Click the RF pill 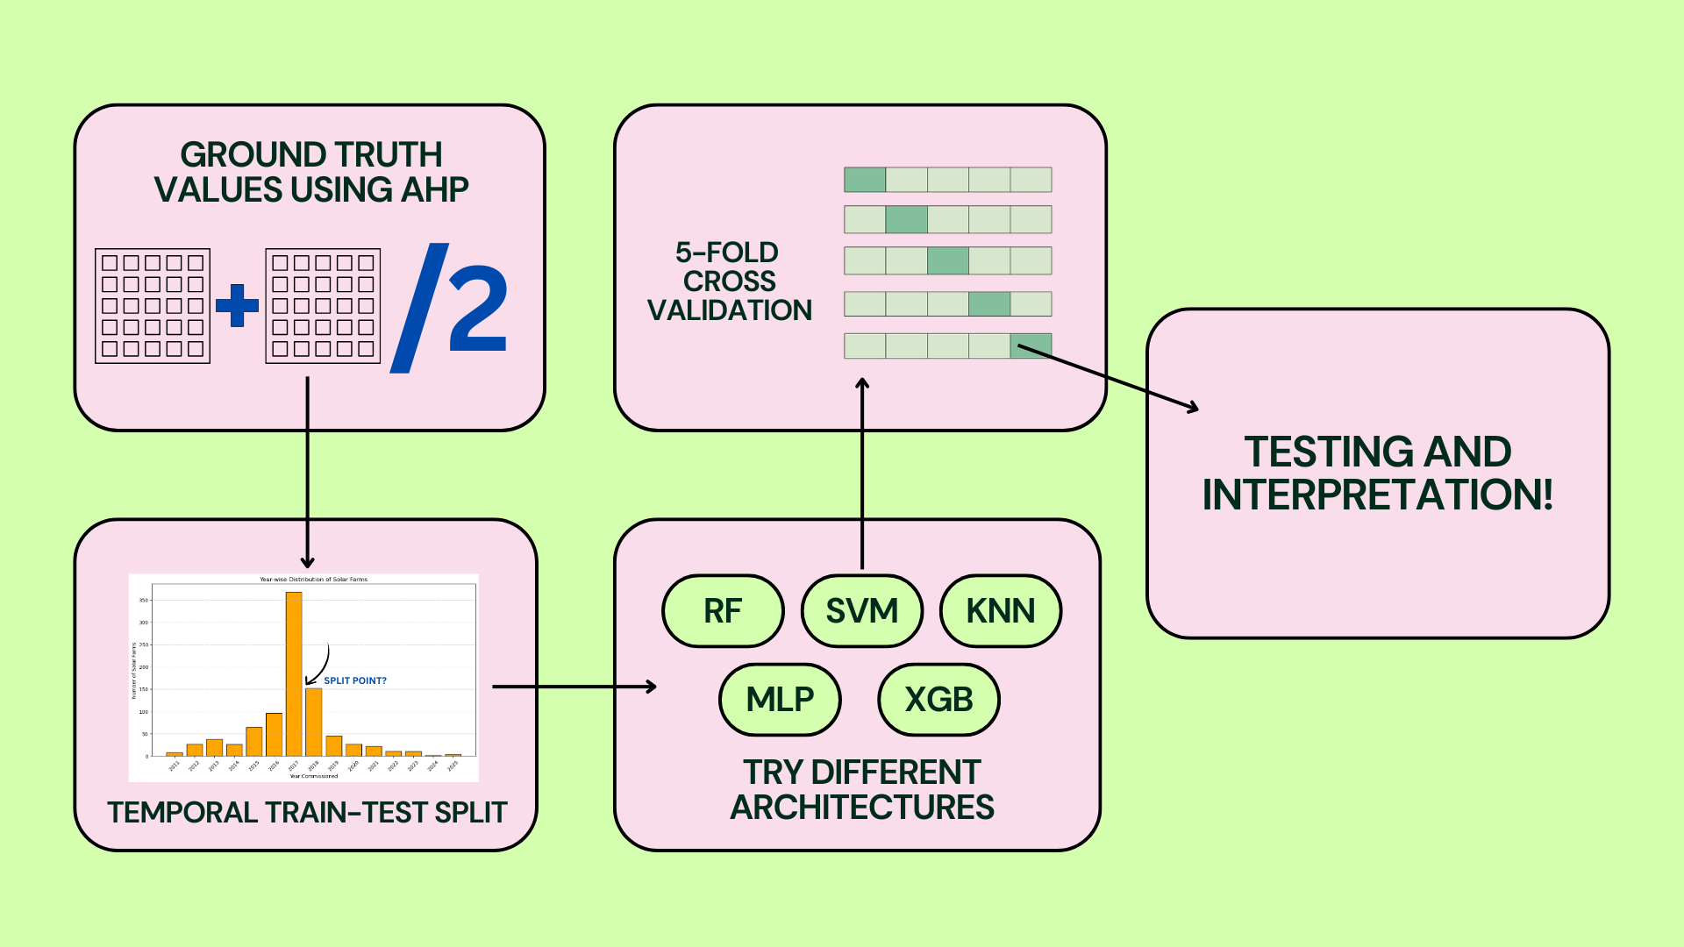(723, 611)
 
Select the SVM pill (861, 611)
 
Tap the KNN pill (1001, 611)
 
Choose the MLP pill (780, 700)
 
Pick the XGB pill (938, 700)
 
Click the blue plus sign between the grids (237, 306)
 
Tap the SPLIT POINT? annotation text (355, 680)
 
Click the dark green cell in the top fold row (865, 180)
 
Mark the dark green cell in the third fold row (948, 260)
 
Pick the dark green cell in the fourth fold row (989, 304)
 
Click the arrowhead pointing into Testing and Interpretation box (1193, 408)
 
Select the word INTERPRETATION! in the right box (1377, 495)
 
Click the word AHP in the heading (435, 190)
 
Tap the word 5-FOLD (727, 253)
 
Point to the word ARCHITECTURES (862, 808)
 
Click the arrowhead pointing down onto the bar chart (307, 563)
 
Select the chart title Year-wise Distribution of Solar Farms (313, 580)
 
